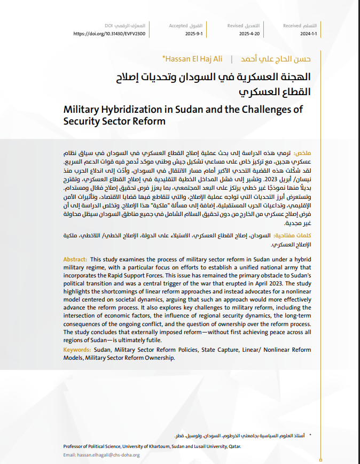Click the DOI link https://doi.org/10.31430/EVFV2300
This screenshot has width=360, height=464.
109,33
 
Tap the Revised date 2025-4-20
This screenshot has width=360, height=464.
249,33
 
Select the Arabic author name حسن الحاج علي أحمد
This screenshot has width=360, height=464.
280,58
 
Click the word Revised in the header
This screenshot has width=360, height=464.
235,25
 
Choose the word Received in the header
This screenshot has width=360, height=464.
292,25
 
